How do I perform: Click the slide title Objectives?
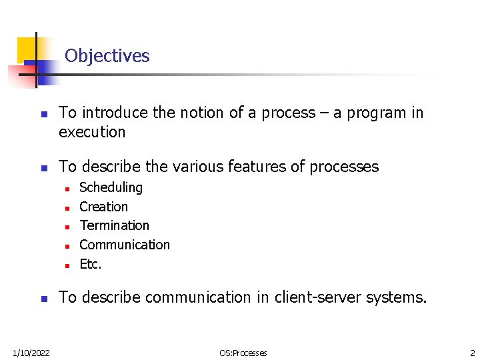click(107, 55)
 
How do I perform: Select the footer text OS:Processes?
click(244, 353)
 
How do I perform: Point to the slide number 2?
click(471, 353)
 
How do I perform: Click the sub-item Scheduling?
click(111, 187)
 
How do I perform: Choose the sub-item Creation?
click(103, 207)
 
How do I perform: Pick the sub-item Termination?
click(114, 225)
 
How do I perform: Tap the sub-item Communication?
click(125, 245)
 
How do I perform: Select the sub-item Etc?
click(91, 264)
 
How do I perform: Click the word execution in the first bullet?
click(92, 132)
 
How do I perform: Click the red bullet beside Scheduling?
click(67, 189)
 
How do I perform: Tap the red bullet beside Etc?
click(67, 265)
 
